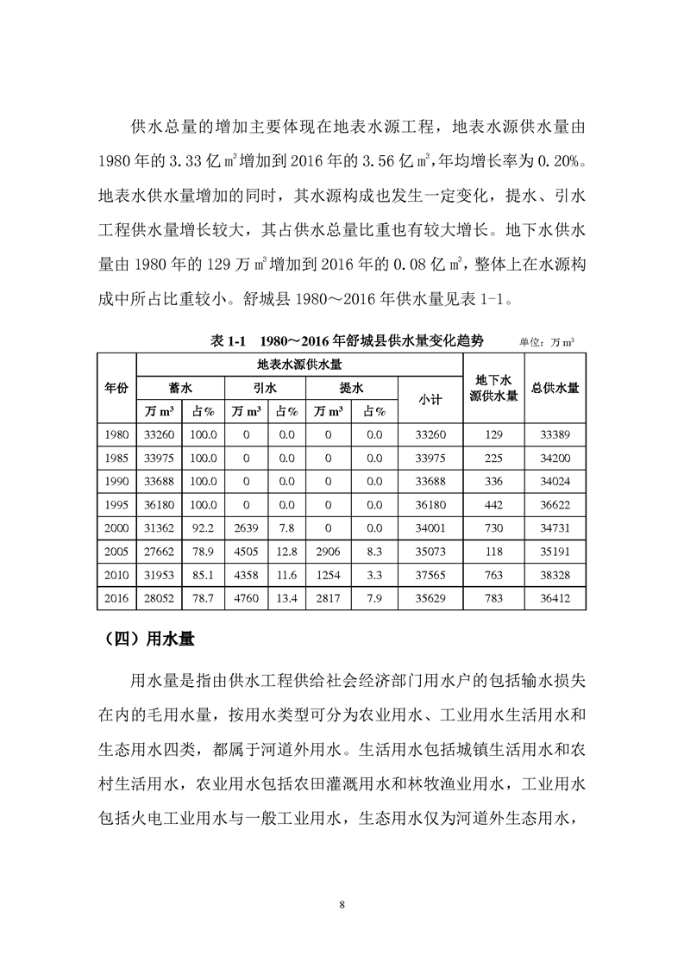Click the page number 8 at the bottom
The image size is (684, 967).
coord(342,904)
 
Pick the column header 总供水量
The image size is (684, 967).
coord(555,388)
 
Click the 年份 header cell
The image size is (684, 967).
coord(116,388)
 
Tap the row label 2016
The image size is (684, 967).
coord(116,596)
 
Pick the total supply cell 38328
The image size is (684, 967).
coord(555,573)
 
